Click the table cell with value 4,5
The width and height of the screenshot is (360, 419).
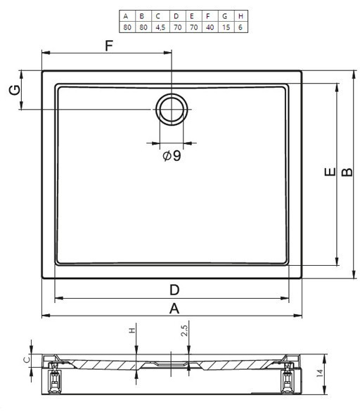[x=160, y=27]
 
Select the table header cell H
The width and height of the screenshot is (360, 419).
[x=241, y=16]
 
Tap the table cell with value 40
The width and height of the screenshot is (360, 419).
[x=210, y=27]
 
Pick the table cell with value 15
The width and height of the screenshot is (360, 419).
[x=226, y=27]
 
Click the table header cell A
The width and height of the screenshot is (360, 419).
[x=127, y=16]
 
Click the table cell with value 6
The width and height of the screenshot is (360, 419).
[x=241, y=27]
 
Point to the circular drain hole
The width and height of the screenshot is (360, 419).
[x=172, y=109]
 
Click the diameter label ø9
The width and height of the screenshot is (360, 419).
[x=172, y=155]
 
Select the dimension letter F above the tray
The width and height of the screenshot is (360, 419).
[x=109, y=46]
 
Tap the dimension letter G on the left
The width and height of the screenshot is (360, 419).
[x=15, y=90]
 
